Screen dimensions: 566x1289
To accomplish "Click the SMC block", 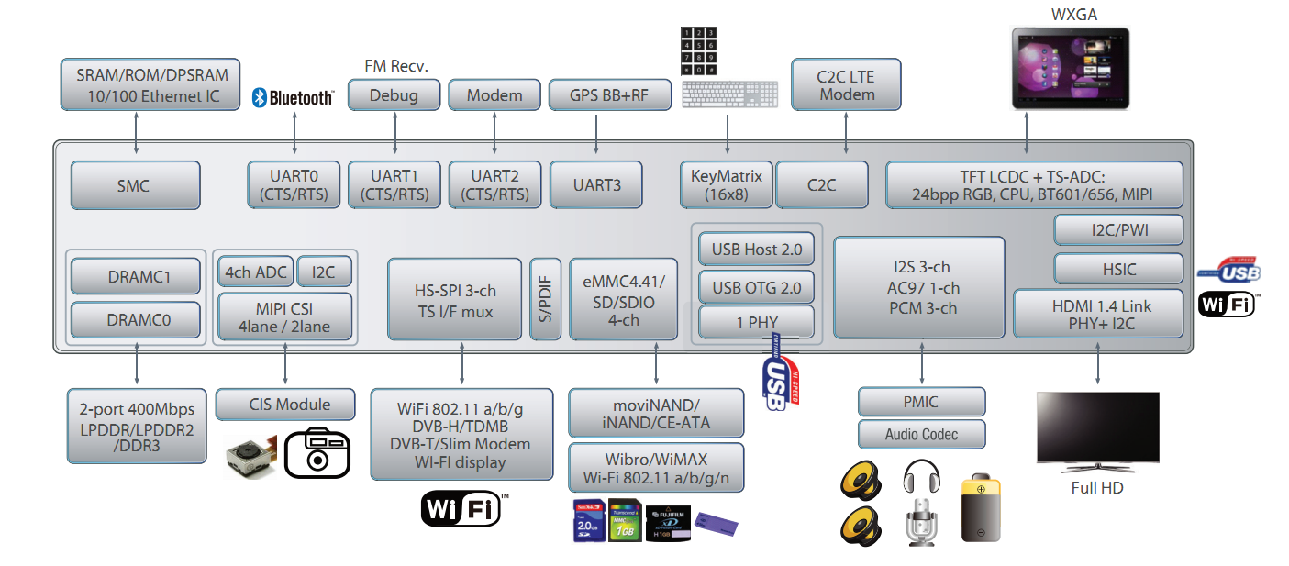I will coord(135,185).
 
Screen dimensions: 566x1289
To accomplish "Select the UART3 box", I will coord(596,185).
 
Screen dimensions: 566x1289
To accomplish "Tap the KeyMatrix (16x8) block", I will coord(727,185).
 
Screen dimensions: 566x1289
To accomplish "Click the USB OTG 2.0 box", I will coord(756,287).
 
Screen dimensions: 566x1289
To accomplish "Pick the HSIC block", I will coord(1118,268).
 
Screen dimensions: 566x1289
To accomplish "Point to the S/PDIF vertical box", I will coord(546,299).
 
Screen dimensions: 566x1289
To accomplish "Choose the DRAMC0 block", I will coord(135,319).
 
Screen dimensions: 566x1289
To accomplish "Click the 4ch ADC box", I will coord(256,272).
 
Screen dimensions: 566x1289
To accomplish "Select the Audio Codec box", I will coord(922,434).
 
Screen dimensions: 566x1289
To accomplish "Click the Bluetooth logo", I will coord(294,97).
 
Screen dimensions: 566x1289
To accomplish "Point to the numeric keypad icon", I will coord(698,51).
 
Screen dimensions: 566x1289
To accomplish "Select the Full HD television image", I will coord(1097,431).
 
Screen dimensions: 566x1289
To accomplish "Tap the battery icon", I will coord(981,509).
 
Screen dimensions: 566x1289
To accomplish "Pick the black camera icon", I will coord(317,451).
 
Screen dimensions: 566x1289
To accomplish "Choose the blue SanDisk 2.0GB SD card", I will coord(587,521).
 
